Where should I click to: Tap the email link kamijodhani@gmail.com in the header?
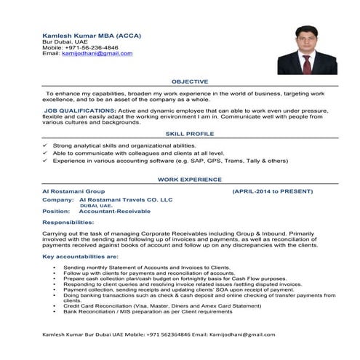point(91,54)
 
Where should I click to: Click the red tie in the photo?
point(306,61)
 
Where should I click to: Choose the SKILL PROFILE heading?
point(187,135)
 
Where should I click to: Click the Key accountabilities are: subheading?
point(80,257)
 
